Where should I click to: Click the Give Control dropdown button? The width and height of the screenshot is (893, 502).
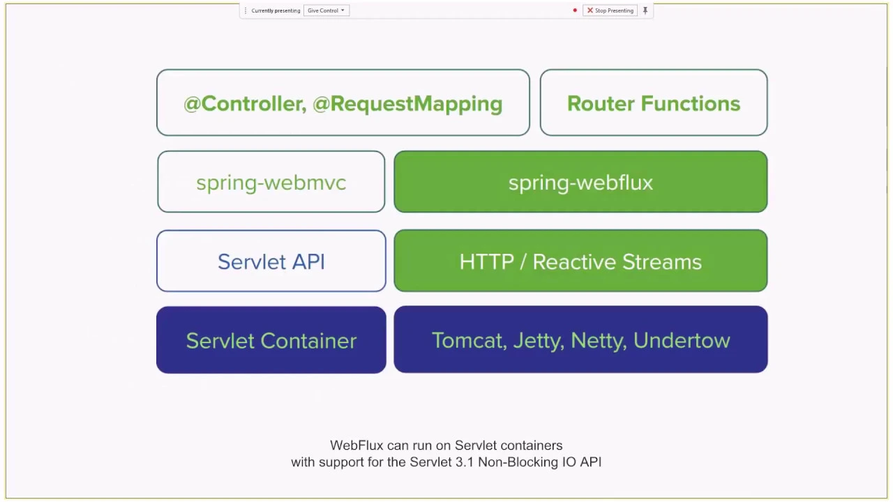click(326, 10)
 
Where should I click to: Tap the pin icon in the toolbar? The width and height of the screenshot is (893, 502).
click(645, 10)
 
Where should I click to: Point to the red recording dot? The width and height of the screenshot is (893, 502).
click(574, 10)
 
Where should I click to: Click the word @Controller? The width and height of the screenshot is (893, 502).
click(245, 104)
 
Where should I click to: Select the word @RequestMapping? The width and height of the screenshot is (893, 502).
click(407, 105)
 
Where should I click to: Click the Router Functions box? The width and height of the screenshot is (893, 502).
click(654, 102)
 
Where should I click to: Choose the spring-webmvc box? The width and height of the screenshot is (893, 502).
click(271, 182)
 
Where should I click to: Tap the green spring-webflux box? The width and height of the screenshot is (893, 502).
click(580, 182)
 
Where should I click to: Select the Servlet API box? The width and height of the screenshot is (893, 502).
click(271, 261)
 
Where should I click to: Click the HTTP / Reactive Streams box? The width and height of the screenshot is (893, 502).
click(580, 261)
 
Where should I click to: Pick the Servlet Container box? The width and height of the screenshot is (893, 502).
click(271, 340)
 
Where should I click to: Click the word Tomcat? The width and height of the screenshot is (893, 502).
click(470, 341)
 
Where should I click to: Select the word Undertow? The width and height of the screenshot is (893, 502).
click(682, 341)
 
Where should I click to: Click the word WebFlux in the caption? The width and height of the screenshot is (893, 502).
click(357, 445)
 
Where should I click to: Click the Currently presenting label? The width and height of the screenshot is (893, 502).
click(276, 10)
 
